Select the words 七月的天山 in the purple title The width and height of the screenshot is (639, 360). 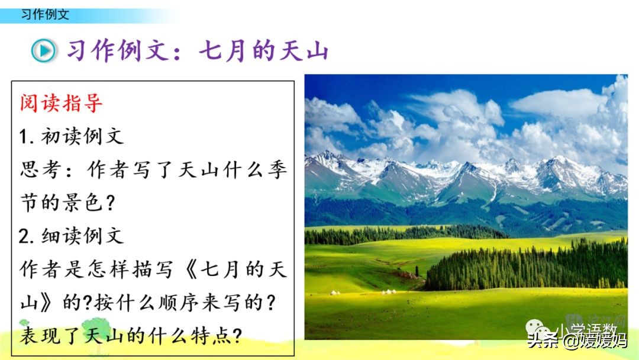(x=263, y=50)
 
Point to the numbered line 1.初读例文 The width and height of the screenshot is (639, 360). (x=71, y=137)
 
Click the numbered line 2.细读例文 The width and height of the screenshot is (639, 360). (x=71, y=236)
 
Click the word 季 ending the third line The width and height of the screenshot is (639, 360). (x=277, y=171)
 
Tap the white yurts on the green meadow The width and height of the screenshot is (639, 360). (x=388, y=291)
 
